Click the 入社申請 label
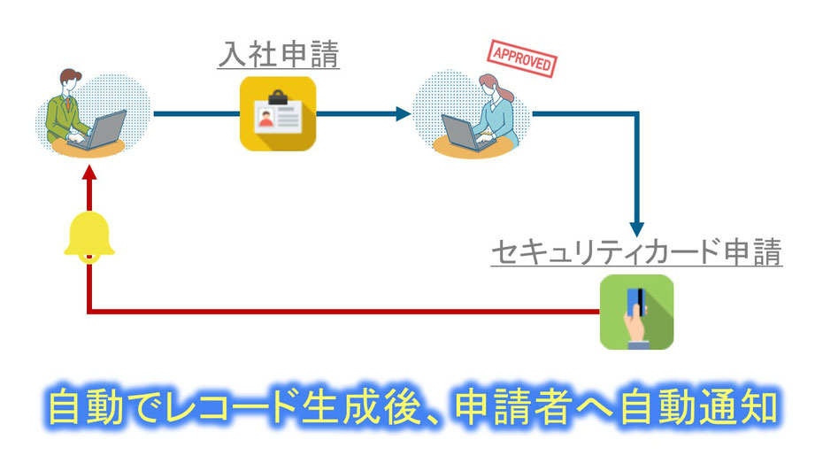coord(279,55)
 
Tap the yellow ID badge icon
coord(278,113)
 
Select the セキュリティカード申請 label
coord(636,253)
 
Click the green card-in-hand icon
coord(636,312)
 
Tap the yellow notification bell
coord(88,236)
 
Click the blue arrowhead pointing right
coord(404,113)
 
